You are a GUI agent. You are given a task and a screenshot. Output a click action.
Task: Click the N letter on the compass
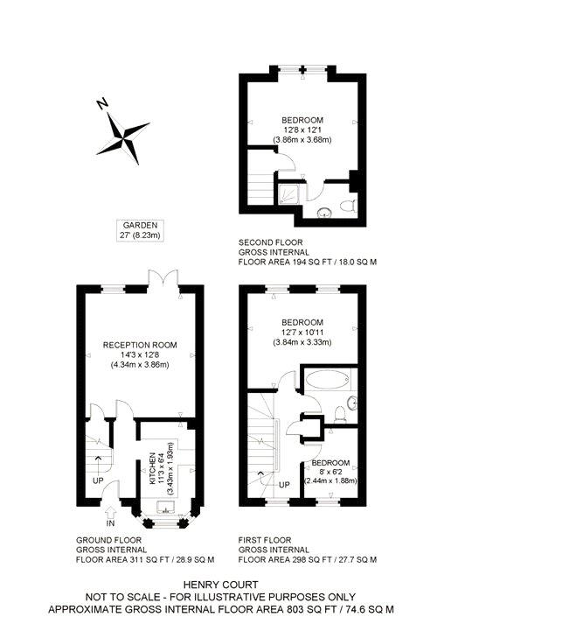[102, 104]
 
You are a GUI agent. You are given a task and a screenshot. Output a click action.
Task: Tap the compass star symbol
[123, 138]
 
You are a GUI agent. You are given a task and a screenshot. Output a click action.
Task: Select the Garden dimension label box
[140, 230]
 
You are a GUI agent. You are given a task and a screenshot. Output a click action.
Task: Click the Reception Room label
[140, 345]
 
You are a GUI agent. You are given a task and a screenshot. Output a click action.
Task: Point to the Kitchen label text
[152, 468]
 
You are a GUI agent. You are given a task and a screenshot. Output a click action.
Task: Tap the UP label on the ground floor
[98, 480]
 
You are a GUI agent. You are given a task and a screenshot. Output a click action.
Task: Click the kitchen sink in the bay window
[166, 507]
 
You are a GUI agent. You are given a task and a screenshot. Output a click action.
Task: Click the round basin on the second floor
[324, 213]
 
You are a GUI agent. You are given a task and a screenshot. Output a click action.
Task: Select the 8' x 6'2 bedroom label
[330, 472]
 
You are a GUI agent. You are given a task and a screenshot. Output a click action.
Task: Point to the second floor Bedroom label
[302, 120]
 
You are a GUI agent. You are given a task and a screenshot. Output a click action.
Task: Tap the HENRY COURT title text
[220, 585]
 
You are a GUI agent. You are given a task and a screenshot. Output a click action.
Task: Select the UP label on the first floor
[284, 485]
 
